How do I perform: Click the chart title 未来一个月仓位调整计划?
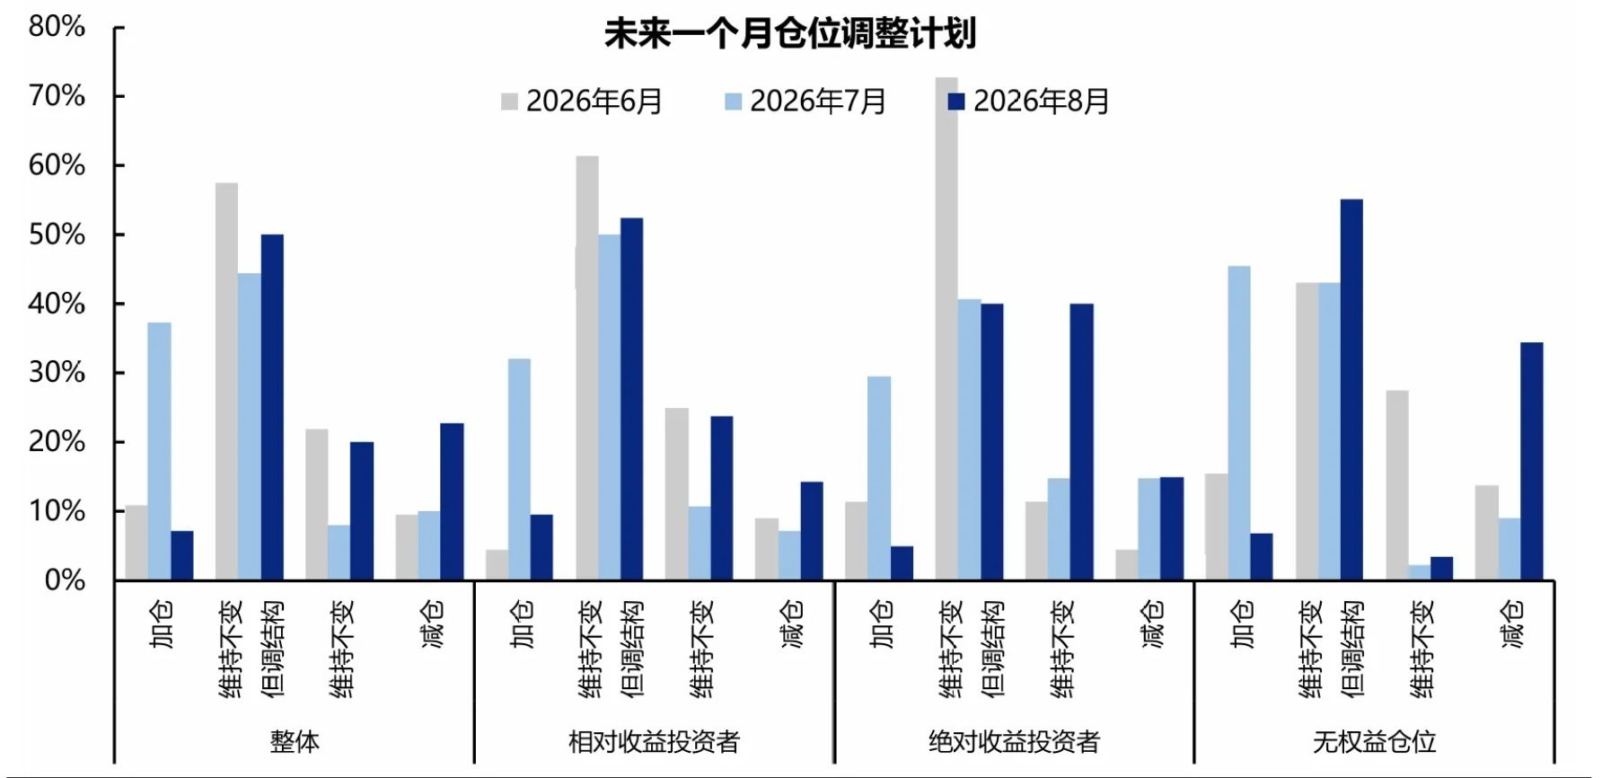pos(789,34)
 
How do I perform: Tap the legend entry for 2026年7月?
pos(805,102)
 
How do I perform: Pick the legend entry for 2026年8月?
pos(1028,102)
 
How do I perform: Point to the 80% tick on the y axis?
pos(57,27)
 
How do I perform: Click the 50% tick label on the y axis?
pos(57,234)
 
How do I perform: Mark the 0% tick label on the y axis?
pos(65,580)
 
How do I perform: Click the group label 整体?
pos(295,742)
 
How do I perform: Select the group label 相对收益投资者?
pos(654,742)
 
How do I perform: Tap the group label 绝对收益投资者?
pos(1014,742)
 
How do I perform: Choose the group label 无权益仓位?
pos(1374,742)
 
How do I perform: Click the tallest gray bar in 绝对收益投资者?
pos(946,329)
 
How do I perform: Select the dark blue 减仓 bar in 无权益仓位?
pos(1531,462)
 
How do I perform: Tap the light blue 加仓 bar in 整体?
pos(160,452)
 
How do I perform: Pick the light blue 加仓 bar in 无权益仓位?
pos(1238,423)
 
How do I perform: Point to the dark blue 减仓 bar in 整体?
pos(452,502)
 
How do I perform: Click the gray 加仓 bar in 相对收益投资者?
pos(497,565)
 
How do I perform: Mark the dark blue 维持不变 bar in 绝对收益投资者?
pos(1081,442)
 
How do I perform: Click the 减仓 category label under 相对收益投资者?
pos(791,624)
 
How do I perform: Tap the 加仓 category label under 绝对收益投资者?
pos(882,624)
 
